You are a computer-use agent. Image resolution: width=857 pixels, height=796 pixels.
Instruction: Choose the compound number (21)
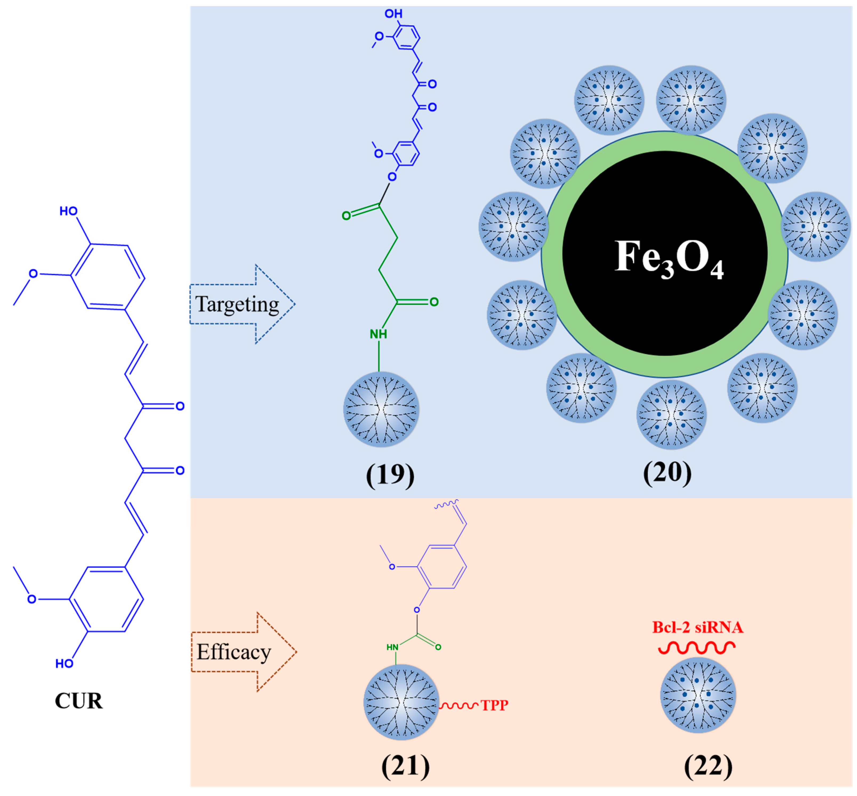pos(405,766)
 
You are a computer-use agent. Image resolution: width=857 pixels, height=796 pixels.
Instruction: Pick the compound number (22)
pos(708,766)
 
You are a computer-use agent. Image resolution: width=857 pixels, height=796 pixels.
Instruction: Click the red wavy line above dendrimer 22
pos(697,647)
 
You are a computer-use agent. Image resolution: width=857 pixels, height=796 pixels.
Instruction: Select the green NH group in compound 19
pos(378,334)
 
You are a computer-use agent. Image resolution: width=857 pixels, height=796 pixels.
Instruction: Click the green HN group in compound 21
pos(392,647)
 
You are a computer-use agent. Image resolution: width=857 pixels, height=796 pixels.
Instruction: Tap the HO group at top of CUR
pos(69,211)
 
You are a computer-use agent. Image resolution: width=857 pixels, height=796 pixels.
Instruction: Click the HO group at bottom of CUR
pos(64,664)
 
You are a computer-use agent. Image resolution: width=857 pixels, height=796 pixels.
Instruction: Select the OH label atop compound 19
pos(393,14)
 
